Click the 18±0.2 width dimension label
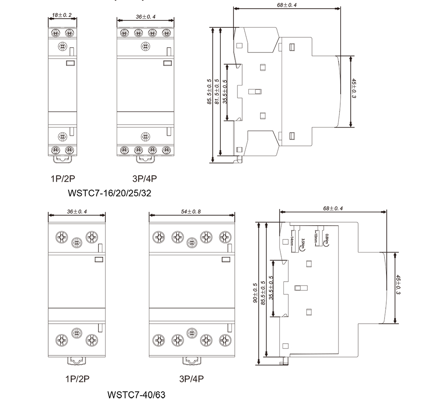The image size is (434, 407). click(62, 15)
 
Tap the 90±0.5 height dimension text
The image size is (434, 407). click(255, 293)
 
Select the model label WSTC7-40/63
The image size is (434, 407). click(136, 395)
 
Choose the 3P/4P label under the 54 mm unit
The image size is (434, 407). click(191, 379)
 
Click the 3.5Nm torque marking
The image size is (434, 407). click(302, 244)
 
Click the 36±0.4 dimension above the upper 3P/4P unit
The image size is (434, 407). click(145, 16)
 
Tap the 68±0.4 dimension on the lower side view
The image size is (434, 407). click(333, 209)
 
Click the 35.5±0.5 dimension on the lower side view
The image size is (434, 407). click(271, 288)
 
